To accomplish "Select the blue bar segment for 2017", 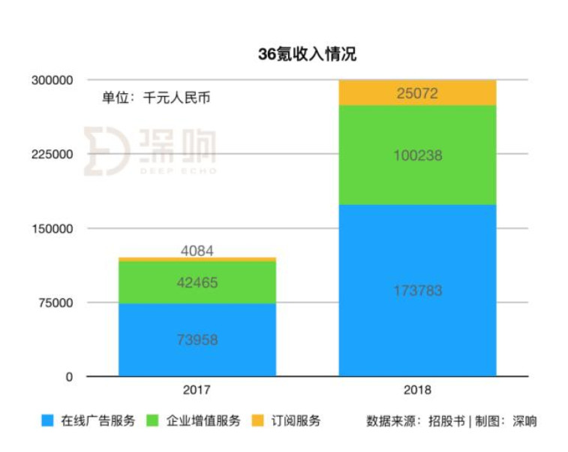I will click(197, 339).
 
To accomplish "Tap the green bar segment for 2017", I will click(197, 282).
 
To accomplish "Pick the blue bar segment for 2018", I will click(417, 291).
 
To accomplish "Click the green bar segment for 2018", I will click(417, 155).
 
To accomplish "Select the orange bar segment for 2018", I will click(417, 93).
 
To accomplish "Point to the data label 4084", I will click(197, 251).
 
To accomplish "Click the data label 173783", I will click(417, 291).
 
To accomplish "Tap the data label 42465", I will click(197, 282).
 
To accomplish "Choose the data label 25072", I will click(417, 93).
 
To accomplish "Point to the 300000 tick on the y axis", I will click(52, 80).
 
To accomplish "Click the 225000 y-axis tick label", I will click(52, 154).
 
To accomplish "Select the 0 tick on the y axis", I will click(69, 377).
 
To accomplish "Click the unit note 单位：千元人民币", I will click(156, 98).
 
